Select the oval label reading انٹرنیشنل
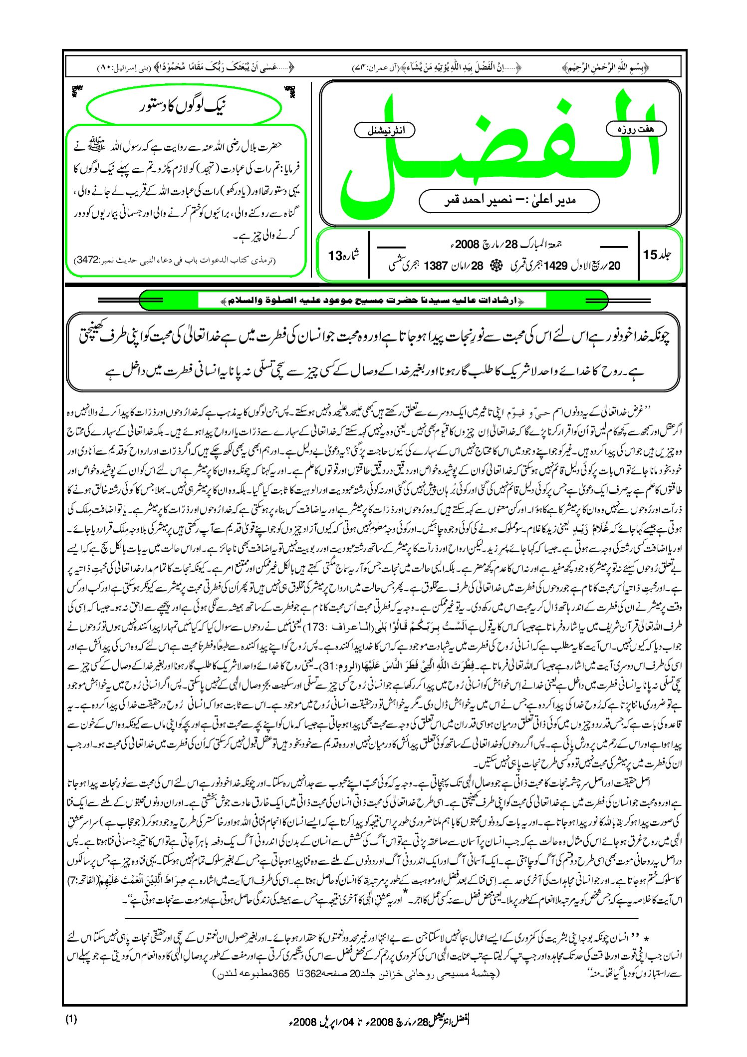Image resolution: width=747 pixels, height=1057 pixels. (x=384, y=130)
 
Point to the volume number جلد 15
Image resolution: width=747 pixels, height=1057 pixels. (x=657, y=255)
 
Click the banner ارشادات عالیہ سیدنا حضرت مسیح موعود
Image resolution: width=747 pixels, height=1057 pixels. (x=372, y=301)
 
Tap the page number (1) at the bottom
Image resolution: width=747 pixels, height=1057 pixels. (x=71, y=1019)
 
